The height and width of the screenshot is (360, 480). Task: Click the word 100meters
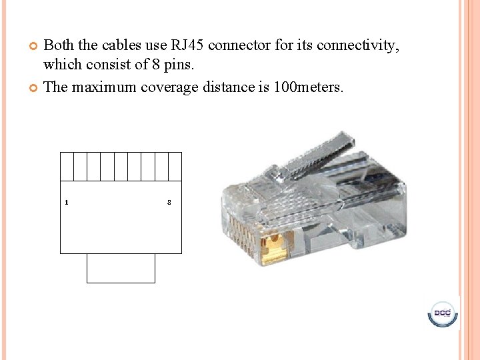[x=309, y=87]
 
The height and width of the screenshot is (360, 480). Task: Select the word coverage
[x=170, y=87]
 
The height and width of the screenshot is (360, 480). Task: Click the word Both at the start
[x=59, y=45]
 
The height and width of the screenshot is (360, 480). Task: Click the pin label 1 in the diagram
[x=66, y=202]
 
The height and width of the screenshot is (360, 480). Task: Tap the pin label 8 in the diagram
[x=169, y=202]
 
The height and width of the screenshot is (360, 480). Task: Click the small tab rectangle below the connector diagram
[x=121, y=268]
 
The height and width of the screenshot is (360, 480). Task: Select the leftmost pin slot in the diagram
[x=67, y=167]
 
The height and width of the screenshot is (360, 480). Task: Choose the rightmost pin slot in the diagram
[x=175, y=167]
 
